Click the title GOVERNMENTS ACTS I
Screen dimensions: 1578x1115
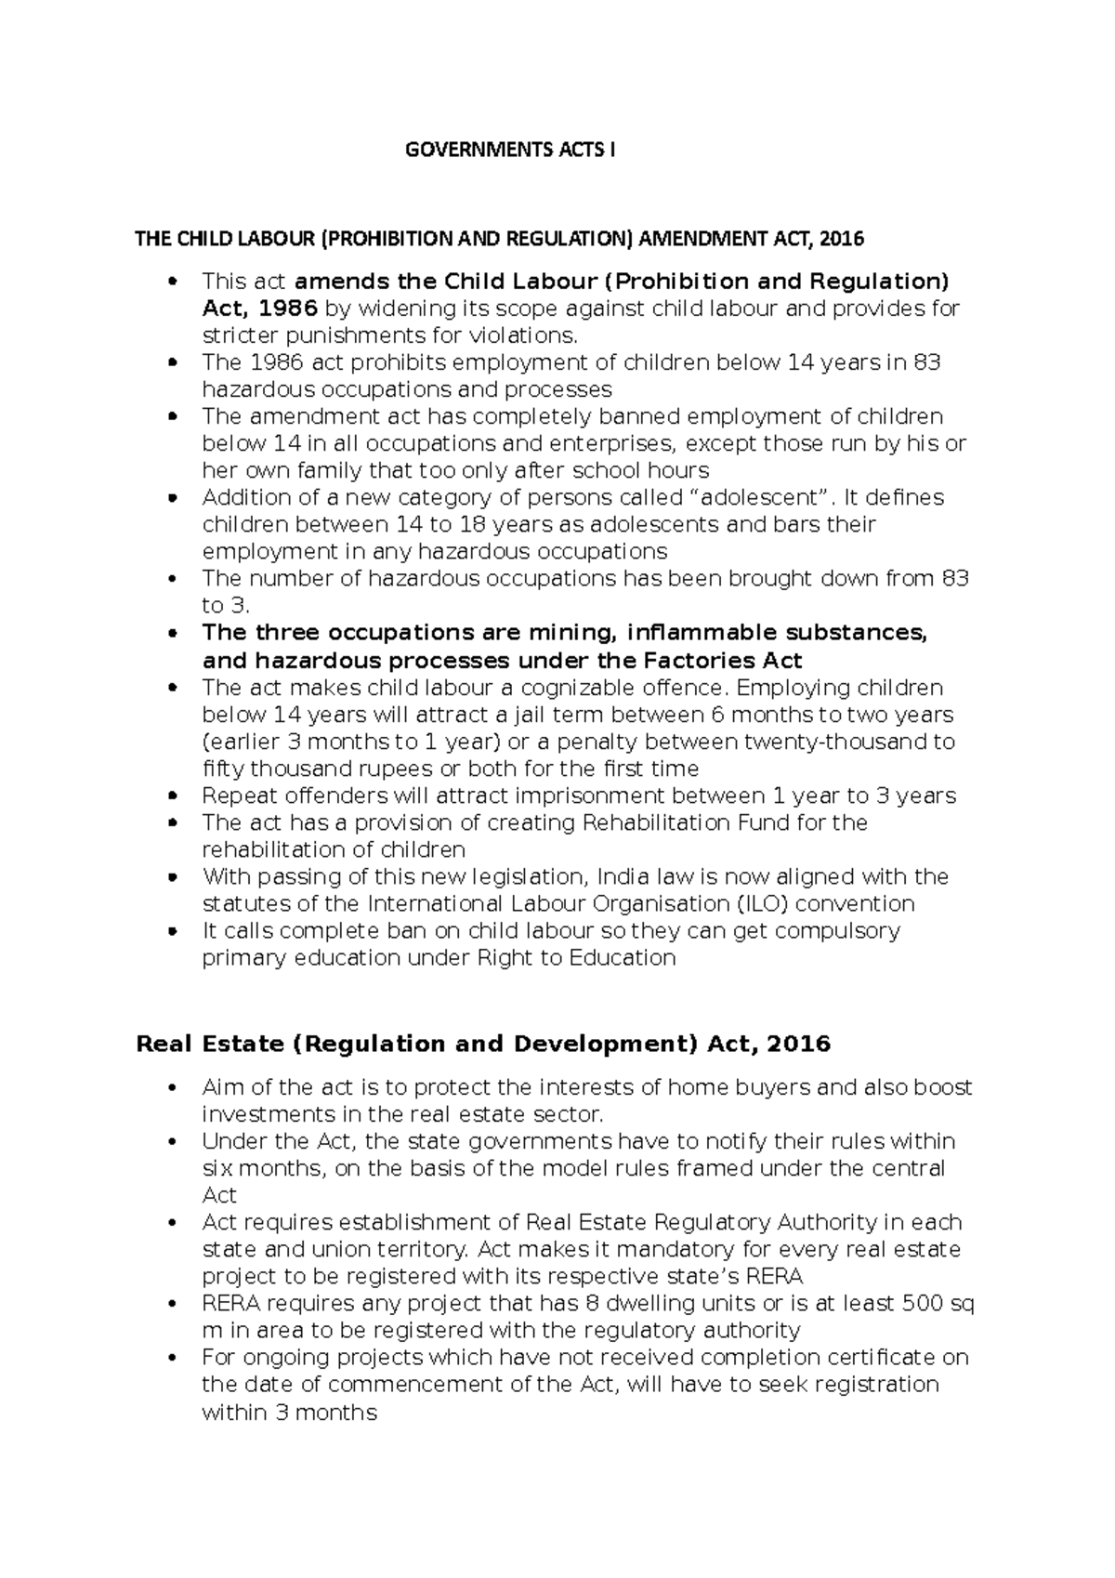pyautogui.click(x=510, y=150)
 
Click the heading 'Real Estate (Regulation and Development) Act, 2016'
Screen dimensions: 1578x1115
pyautogui.click(x=483, y=1044)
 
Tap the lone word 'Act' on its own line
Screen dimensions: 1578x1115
pyautogui.click(x=219, y=1195)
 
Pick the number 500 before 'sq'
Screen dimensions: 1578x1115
pyautogui.click(x=924, y=1303)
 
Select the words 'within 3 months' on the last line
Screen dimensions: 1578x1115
pyautogui.click(x=289, y=1413)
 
